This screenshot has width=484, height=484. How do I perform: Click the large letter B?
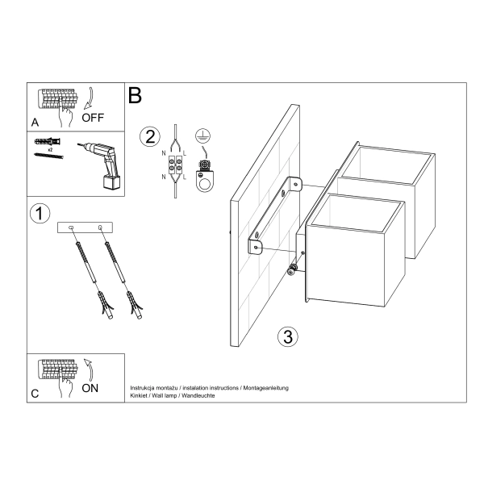[135, 95]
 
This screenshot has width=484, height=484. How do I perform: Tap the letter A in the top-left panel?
[35, 123]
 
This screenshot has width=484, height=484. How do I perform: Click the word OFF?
[93, 118]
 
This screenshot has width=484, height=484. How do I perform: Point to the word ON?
[90, 388]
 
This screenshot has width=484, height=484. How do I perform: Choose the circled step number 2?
[148, 136]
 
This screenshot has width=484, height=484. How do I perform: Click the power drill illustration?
[100, 163]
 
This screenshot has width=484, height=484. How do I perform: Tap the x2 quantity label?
[50, 150]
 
